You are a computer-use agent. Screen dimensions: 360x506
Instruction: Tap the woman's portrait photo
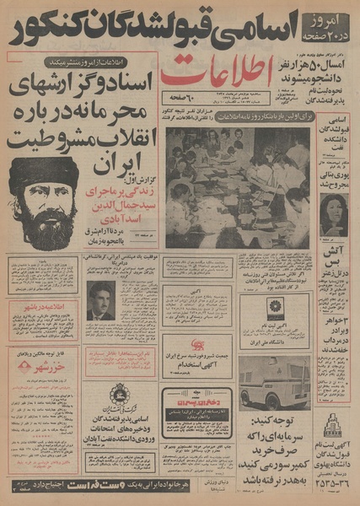(x=334, y=213)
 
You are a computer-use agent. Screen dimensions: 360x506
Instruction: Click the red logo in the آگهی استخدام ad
(x=198, y=345)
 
